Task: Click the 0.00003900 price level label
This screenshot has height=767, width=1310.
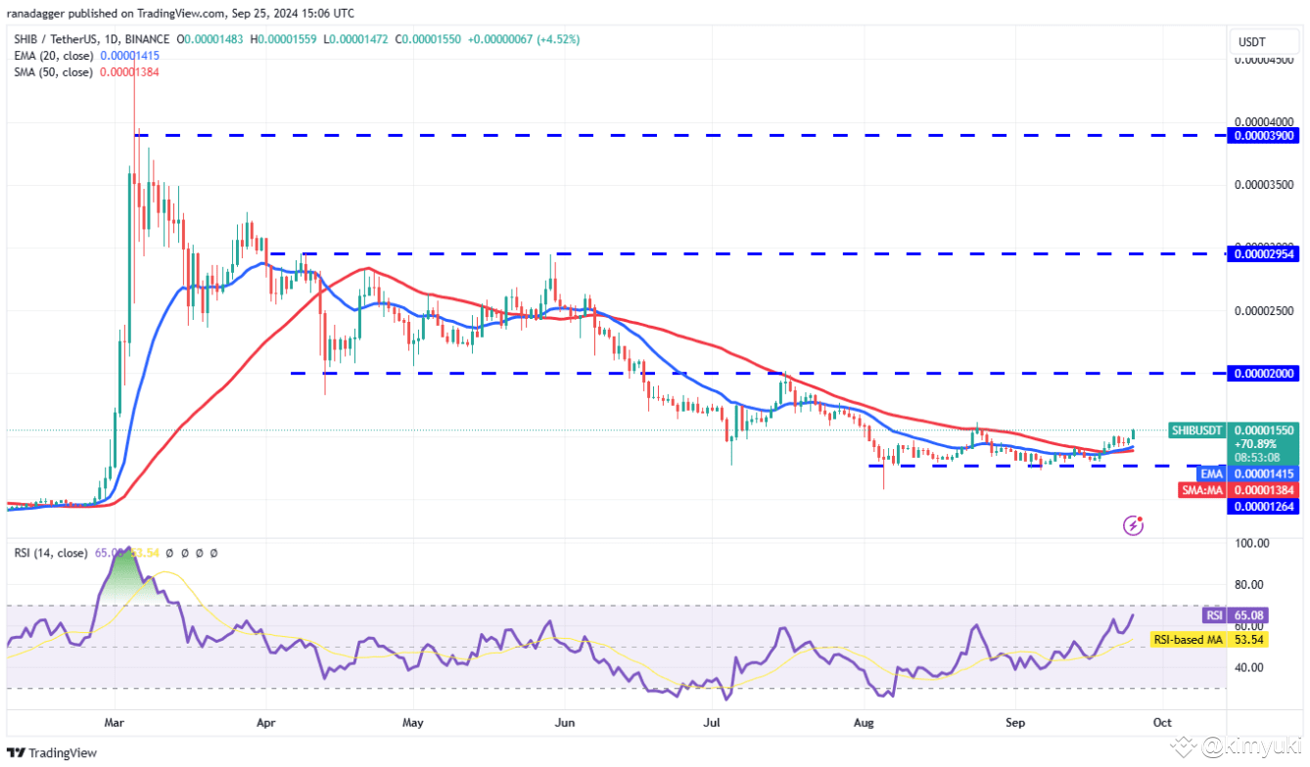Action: [x=1265, y=135]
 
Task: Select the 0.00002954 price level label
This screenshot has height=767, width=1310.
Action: [x=1265, y=253]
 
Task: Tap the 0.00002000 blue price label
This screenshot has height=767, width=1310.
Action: [x=1265, y=373]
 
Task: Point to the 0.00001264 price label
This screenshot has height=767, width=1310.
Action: [x=1265, y=506]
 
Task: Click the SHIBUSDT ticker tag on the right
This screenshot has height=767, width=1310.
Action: [x=1196, y=430]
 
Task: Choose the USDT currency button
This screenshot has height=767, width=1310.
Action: [x=1252, y=42]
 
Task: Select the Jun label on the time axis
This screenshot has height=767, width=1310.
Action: [x=563, y=723]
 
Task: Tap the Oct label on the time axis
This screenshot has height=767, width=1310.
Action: [x=1162, y=723]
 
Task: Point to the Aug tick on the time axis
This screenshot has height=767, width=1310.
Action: [x=863, y=723]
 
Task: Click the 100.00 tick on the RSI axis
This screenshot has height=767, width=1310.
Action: [x=1253, y=543]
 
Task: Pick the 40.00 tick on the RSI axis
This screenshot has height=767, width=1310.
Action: [x=1253, y=667]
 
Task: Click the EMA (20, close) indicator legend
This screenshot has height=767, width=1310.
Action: [x=54, y=56]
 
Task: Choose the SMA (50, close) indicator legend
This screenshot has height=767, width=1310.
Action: [x=54, y=72]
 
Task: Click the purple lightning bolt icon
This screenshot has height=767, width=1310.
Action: [x=1133, y=526]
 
